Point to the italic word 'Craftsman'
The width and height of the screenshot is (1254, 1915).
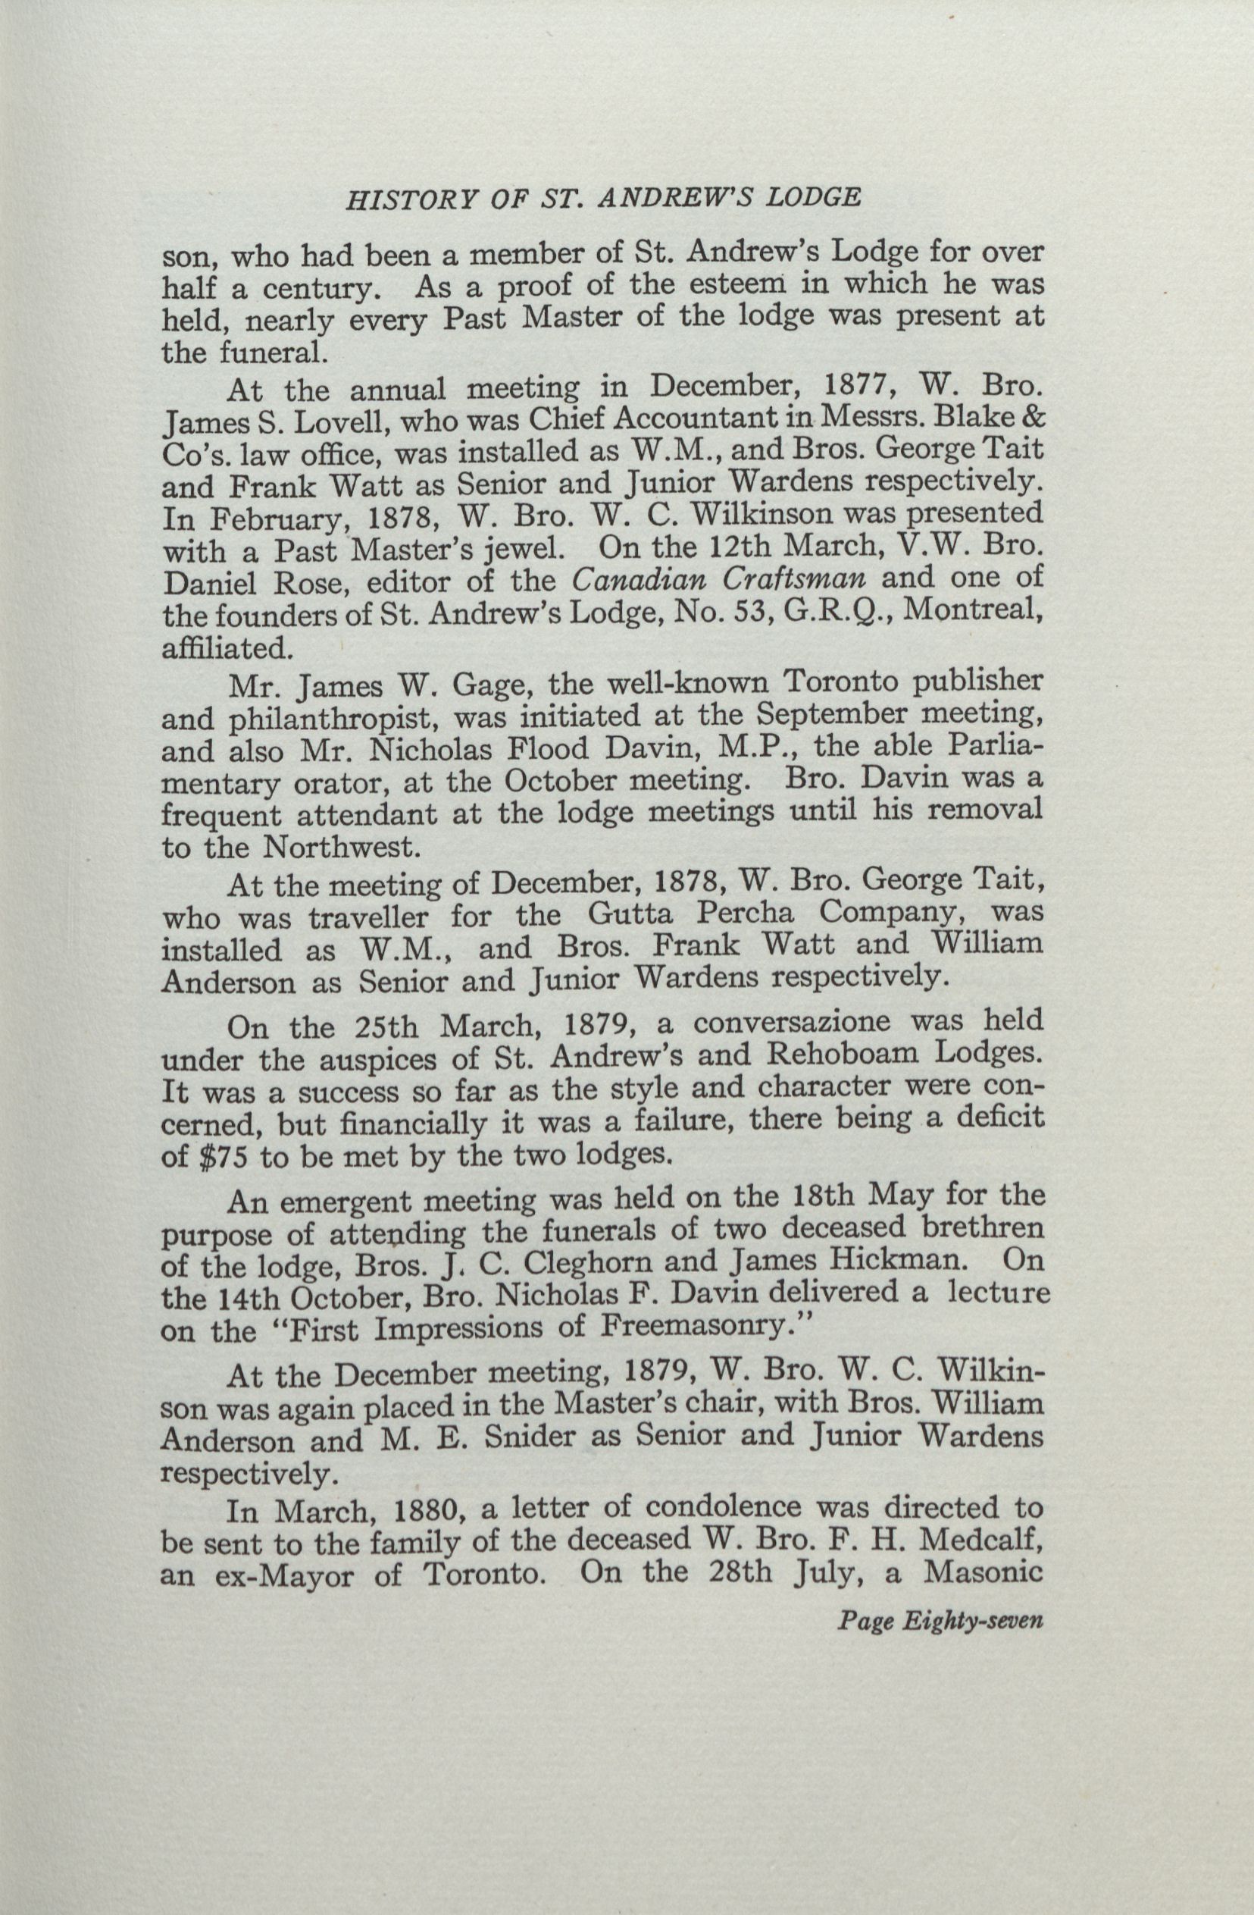pyautogui.click(x=790, y=578)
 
